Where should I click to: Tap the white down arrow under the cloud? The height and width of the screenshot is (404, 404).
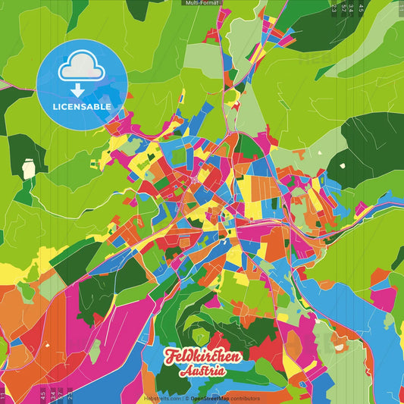(81, 90)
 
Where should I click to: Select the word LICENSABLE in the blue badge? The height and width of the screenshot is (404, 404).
(82, 107)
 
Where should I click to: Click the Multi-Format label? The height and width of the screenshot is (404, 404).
(202, 3)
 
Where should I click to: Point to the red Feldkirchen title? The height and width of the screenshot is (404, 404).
(202, 356)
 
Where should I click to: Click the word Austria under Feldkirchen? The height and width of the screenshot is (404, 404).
(202, 371)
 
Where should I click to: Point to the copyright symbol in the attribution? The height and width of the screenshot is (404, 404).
(186, 398)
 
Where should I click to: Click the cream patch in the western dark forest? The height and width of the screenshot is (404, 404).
(29, 168)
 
